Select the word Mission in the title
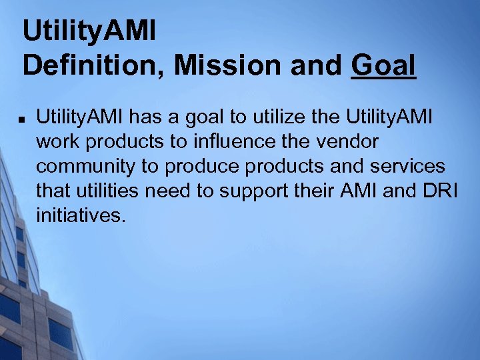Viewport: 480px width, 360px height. click(211, 66)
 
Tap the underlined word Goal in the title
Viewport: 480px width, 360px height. click(384, 66)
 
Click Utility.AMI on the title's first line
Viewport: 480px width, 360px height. click(89, 31)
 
